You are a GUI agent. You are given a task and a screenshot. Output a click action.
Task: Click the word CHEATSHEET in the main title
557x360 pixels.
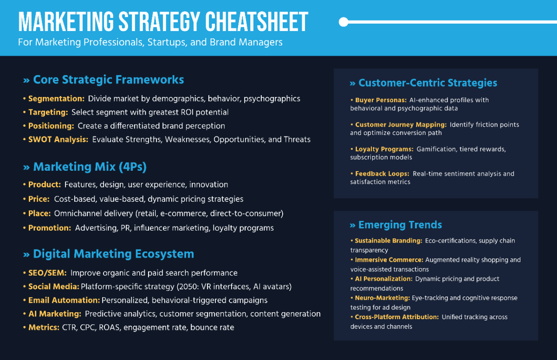pos(257,22)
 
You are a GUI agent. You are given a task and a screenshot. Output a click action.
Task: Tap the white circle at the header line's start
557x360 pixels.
pos(343,22)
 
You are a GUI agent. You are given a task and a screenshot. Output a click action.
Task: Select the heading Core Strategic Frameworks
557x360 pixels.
pos(109,80)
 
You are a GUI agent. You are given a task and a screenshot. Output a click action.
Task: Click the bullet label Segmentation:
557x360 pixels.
pos(57,99)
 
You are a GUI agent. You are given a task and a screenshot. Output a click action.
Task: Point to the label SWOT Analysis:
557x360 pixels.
pos(58,139)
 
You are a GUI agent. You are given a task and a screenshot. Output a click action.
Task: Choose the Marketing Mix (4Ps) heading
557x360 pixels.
pos(90,167)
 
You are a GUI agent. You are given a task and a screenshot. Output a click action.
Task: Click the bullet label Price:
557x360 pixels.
pos(39,199)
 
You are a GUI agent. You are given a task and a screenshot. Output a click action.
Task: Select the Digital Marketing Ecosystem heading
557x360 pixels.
pos(113,254)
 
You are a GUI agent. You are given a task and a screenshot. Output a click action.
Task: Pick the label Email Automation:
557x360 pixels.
pos(64,300)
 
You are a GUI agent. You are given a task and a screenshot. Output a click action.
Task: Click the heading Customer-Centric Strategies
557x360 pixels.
pos(427,83)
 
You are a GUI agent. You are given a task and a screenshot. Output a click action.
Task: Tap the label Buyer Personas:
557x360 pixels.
pos(381,100)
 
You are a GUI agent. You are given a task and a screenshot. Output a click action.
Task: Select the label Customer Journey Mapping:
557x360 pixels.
pos(401,125)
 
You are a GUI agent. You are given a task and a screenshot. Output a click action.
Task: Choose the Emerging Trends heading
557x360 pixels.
pos(400,225)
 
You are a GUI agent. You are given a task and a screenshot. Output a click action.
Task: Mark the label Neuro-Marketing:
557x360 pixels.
pos(382,298)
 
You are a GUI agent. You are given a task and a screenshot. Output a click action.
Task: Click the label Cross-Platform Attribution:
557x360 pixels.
pos(397,317)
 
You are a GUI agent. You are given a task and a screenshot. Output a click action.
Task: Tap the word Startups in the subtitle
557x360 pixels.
pos(167,42)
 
